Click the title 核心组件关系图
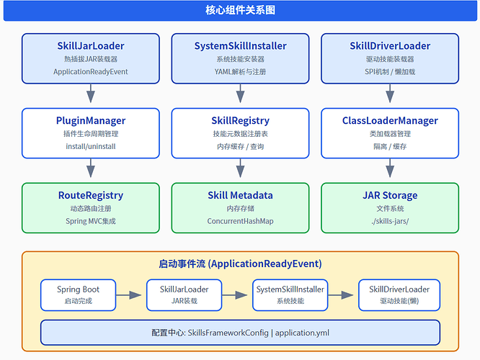point(240,10)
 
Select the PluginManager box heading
point(91,120)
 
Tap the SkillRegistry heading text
point(240,120)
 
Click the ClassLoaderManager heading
point(390,120)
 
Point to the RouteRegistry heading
point(91,195)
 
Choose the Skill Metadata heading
point(240,195)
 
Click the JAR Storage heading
point(390,195)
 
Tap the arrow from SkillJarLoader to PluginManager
point(91,94)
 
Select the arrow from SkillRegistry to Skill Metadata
point(240,168)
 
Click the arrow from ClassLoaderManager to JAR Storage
point(390,168)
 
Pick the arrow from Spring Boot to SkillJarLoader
point(128,295)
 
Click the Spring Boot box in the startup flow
point(78,295)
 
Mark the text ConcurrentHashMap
point(240,221)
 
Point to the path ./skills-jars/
point(390,221)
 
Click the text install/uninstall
point(91,146)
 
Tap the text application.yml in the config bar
point(302,333)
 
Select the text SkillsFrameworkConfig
point(228,333)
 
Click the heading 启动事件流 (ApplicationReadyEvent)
point(240,264)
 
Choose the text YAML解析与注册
point(240,72)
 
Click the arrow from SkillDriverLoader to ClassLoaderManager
point(390,94)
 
